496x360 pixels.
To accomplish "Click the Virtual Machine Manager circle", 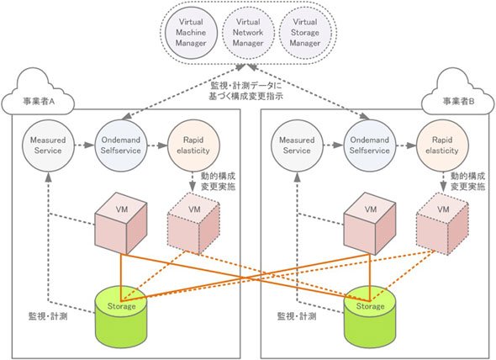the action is click(191, 33).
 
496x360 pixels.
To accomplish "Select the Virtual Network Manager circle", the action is click(248, 33).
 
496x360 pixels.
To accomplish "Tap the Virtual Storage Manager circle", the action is click(305, 33).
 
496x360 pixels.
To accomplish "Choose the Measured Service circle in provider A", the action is click(48, 146).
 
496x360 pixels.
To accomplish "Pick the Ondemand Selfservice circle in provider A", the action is click(121, 146).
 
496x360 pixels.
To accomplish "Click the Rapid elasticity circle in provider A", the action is click(193, 146).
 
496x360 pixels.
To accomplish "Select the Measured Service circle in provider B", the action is click(297, 146).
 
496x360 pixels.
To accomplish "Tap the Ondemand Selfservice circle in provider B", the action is click(369, 146).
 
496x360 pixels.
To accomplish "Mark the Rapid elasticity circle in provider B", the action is click(442, 146).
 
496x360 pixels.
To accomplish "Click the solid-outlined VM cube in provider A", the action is click(121, 223).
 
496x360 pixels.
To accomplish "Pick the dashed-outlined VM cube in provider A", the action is click(193, 223).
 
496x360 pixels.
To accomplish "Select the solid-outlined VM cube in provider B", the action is click(370, 223).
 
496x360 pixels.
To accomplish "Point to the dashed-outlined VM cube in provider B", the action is click(442, 223).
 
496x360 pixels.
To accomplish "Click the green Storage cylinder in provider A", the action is click(121, 317).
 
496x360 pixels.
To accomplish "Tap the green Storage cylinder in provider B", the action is click(370, 317).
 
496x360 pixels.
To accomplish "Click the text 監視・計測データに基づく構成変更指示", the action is click(245, 91).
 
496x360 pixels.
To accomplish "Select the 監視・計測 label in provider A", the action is click(48, 316).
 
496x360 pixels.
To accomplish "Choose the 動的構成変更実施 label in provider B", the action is click(468, 181).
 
